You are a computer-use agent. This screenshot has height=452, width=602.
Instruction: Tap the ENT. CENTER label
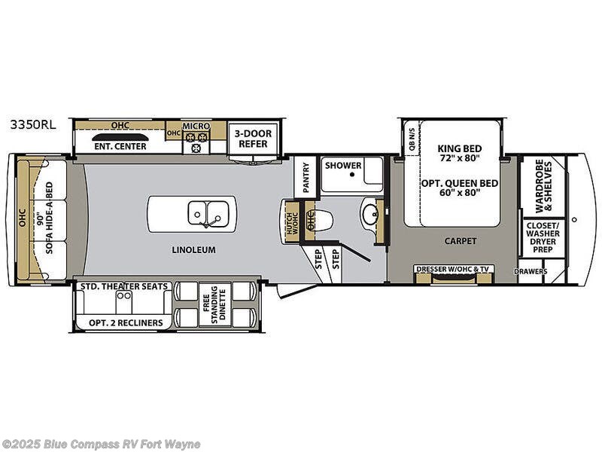pyautogui.click(x=119, y=146)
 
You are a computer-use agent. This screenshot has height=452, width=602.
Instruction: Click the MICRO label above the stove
pyautogui.click(x=196, y=126)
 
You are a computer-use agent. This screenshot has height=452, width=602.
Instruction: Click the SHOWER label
pyautogui.click(x=344, y=166)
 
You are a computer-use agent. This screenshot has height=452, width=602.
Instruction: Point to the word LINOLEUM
pyautogui.click(x=193, y=249)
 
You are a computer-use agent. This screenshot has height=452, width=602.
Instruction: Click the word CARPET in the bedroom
pyautogui.click(x=460, y=241)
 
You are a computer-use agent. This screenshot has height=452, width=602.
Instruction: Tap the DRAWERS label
pyautogui.click(x=531, y=271)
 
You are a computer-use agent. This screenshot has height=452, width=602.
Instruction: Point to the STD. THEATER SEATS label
pyautogui.click(x=124, y=286)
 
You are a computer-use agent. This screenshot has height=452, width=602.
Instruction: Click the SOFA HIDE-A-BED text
pyautogui.click(x=50, y=218)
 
